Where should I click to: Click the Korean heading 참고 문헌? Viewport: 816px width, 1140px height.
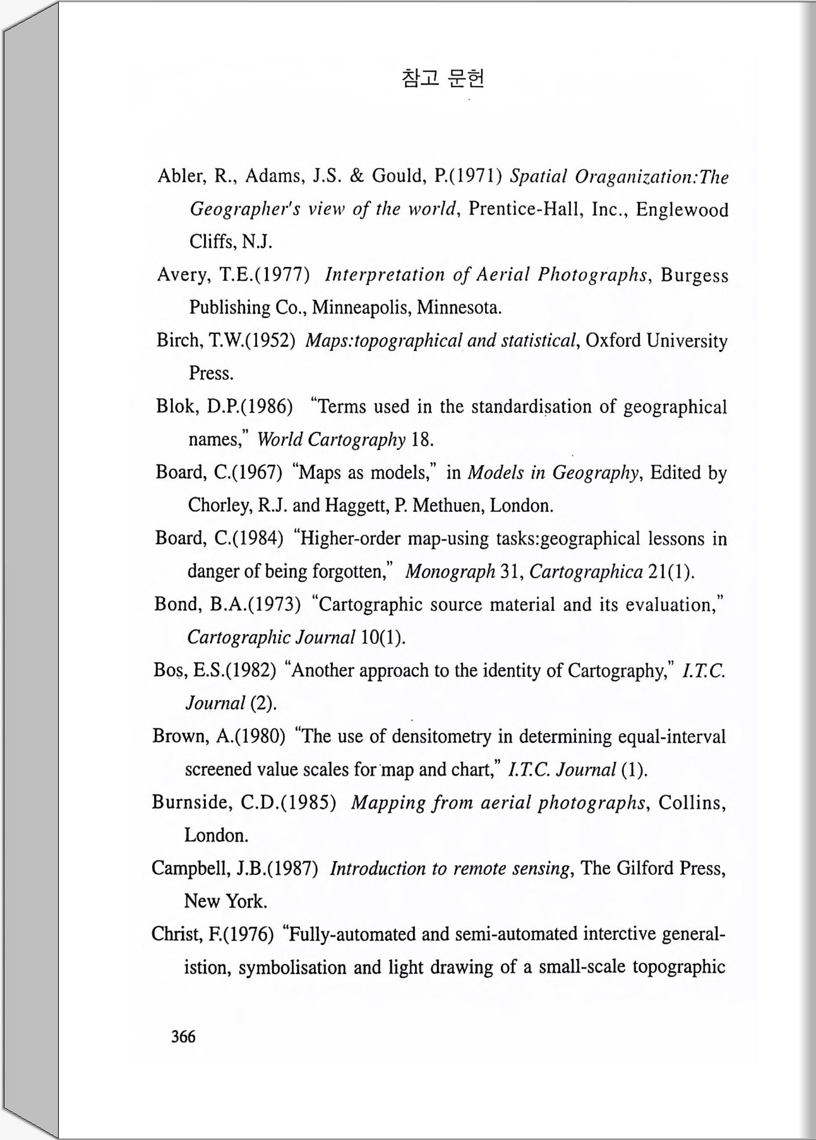[x=443, y=78]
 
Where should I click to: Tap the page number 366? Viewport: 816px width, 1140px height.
[x=183, y=1036]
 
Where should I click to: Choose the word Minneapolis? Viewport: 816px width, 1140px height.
[x=361, y=307]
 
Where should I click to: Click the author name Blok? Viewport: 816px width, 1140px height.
[x=176, y=406]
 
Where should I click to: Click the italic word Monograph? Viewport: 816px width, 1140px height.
[x=450, y=572]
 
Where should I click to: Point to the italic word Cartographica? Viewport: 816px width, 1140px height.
[x=586, y=572]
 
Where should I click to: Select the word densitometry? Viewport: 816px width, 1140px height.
[x=441, y=737]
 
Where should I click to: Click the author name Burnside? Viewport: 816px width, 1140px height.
[x=193, y=802]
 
